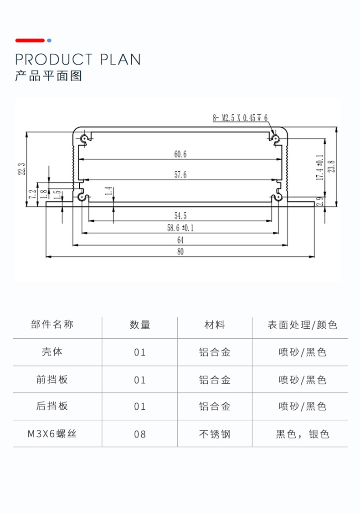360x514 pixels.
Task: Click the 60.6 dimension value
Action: click(x=180, y=154)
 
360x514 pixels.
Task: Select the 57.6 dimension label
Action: click(x=180, y=174)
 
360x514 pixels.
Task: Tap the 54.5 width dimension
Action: click(x=180, y=215)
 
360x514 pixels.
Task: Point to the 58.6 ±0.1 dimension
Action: click(x=180, y=228)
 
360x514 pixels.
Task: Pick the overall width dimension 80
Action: click(x=180, y=252)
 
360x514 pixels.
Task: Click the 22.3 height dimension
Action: click(x=21, y=169)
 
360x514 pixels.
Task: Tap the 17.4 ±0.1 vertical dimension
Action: click(x=319, y=167)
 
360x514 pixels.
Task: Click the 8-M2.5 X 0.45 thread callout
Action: click(x=240, y=118)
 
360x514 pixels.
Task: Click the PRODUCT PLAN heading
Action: click(x=78, y=60)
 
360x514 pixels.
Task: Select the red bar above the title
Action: click(x=30, y=41)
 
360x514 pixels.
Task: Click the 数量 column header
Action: click(x=140, y=325)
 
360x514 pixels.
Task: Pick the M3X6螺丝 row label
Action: click(x=52, y=434)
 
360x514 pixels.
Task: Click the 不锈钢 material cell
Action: click(x=215, y=434)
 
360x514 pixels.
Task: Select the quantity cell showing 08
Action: click(x=140, y=434)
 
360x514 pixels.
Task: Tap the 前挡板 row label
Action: click(x=52, y=379)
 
